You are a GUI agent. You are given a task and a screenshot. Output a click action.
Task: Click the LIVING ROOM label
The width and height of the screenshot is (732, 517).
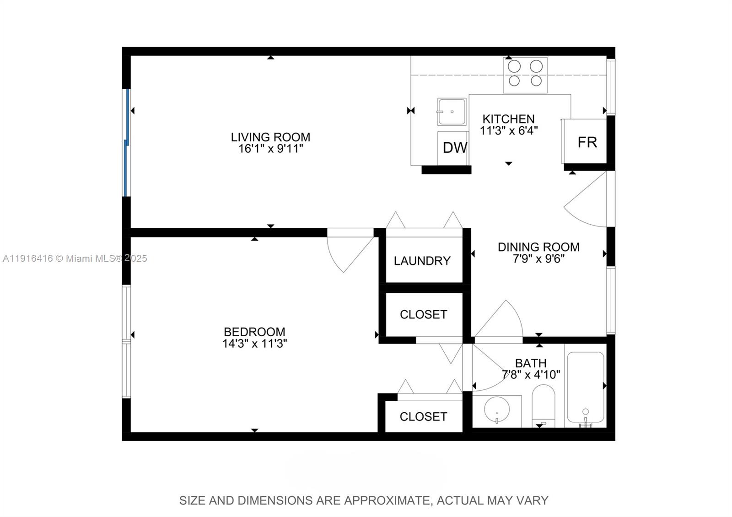[270, 137]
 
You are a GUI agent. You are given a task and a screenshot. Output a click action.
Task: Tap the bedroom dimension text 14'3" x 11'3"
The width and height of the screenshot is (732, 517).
[254, 344]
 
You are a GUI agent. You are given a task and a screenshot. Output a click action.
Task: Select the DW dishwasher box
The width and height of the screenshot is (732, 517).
[453, 148]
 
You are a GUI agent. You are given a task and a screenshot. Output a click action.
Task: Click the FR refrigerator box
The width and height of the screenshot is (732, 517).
[584, 141]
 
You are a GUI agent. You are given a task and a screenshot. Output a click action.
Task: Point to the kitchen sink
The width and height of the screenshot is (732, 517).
[452, 112]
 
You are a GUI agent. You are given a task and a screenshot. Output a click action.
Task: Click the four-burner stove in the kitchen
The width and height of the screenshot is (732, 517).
[525, 75]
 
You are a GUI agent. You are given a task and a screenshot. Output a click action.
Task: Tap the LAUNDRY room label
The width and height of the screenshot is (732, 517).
[422, 261]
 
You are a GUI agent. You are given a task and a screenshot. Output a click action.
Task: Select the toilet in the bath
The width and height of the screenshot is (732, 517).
[543, 405]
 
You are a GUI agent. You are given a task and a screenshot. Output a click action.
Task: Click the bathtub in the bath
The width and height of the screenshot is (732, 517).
[585, 389]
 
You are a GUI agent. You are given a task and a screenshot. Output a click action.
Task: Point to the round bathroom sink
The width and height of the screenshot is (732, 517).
[497, 409]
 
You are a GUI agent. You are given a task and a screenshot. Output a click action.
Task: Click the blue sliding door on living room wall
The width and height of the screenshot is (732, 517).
[127, 142]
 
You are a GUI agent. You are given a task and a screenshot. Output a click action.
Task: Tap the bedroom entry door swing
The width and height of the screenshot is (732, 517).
[350, 250]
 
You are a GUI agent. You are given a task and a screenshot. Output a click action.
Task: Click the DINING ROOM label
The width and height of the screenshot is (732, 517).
[538, 247]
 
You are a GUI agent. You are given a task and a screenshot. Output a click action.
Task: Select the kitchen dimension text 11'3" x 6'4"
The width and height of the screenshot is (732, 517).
[508, 131]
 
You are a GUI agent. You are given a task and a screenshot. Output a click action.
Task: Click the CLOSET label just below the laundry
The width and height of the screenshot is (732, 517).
[424, 314]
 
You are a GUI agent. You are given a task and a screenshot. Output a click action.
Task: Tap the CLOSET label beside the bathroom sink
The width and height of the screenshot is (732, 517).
[424, 416]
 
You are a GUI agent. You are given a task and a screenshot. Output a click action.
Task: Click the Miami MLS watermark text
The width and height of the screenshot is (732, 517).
[75, 258]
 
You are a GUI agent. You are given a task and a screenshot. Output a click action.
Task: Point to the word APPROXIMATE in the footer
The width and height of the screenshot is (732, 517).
[387, 501]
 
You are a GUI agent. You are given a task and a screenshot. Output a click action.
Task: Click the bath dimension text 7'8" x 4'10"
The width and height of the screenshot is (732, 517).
[531, 375]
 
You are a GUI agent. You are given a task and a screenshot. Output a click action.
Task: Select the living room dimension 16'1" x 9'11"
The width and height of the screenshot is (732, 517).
[270, 149]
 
